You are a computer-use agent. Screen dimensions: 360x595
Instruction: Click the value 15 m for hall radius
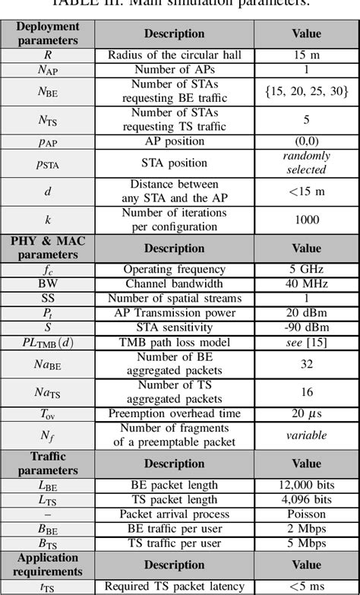click(x=306, y=55)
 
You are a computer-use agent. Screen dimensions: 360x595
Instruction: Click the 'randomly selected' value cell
click(x=306, y=162)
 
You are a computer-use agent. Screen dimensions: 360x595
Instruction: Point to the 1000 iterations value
click(x=306, y=219)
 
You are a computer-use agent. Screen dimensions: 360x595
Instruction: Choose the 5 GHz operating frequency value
click(x=306, y=268)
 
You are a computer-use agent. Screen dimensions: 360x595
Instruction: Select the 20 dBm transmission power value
click(x=306, y=313)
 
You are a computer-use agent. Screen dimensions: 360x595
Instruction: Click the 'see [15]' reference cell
click(x=306, y=343)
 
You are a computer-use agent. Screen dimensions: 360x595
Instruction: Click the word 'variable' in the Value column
click(x=306, y=435)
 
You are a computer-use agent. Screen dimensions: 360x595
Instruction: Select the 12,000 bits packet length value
click(x=306, y=485)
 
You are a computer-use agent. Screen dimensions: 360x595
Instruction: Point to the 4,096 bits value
click(x=306, y=500)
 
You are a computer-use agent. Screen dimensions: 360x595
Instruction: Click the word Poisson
click(x=306, y=514)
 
